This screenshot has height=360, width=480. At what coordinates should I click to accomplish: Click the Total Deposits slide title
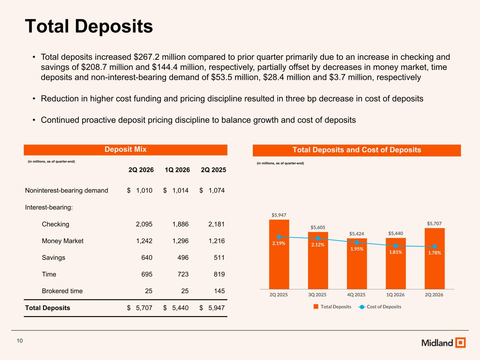click(89, 26)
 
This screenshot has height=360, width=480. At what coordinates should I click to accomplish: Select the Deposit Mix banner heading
click(125, 149)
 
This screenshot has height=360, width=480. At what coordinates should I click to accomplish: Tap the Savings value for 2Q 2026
click(147, 257)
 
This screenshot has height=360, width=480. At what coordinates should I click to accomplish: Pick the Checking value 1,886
click(180, 224)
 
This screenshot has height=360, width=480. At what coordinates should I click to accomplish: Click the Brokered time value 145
click(219, 291)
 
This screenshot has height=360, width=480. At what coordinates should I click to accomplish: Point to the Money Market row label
click(63, 241)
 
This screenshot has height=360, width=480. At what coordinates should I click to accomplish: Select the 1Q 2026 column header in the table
click(177, 170)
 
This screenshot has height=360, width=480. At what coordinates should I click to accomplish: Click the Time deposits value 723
click(183, 274)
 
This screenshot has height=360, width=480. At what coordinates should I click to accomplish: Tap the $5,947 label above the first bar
click(279, 215)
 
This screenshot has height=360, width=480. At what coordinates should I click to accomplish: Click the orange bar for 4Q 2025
click(357, 264)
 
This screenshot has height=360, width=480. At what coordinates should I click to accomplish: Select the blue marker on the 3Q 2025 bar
click(318, 238)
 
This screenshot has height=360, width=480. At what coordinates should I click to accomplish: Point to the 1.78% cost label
click(435, 253)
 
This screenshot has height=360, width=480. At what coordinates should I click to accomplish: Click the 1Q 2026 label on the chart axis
click(395, 295)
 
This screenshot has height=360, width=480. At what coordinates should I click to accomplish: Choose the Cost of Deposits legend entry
click(380, 307)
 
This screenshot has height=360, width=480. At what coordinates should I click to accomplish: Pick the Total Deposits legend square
click(316, 307)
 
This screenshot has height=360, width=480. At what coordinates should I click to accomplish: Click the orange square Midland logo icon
click(460, 342)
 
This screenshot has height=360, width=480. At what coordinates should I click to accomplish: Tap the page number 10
click(20, 341)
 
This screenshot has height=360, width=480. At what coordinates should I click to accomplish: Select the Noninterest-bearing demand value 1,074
click(217, 191)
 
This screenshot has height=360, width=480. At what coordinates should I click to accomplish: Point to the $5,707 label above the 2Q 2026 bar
click(434, 224)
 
